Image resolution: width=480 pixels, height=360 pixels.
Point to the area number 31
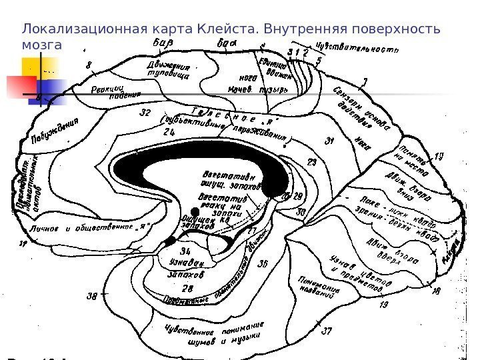pyautogui.click(x=329, y=141)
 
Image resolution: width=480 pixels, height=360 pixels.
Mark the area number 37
pyautogui.click(x=327, y=331)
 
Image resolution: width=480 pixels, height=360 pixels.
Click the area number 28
pyautogui.click(x=188, y=287)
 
